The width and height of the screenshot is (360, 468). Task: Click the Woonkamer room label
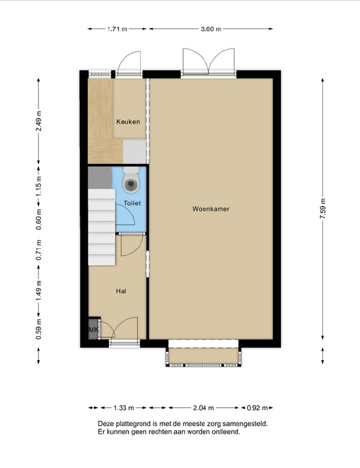(211, 209)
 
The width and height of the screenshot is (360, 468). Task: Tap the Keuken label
(128, 122)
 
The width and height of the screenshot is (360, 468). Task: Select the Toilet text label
(132, 203)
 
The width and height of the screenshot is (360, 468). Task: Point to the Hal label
(121, 291)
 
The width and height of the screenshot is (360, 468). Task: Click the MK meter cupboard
(94, 330)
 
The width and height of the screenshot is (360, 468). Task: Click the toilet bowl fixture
(131, 180)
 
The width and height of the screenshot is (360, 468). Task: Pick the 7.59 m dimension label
(323, 209)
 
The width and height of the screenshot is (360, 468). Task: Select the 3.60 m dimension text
(211, 29)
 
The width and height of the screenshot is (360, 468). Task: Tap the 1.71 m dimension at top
(117, 29)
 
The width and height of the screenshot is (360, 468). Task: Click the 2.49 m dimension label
(38, 121)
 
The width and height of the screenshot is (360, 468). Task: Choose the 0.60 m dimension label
(38, 220)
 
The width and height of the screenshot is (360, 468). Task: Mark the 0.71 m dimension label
(38, 250)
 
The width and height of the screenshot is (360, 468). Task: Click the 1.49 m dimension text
(38, 290)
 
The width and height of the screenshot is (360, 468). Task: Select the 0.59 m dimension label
(38, 329)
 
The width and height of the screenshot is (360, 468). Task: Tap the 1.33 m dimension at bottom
(124, 408)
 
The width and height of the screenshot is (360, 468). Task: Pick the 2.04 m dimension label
(203, 408)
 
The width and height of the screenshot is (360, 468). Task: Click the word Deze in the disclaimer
(105, 424)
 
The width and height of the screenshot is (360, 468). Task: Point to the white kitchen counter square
(134, 152)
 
